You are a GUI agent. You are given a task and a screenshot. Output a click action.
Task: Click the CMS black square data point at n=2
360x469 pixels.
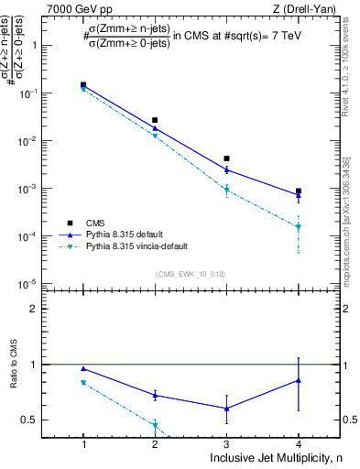click(x=155, y=120)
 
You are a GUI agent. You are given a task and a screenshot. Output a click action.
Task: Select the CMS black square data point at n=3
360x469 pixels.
click(x=226, y=158)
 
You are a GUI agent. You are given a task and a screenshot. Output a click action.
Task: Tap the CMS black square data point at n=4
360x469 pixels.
click(x=298, y=191)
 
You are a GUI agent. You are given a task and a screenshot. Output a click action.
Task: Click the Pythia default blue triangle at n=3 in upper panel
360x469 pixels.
click(x=226, y=169)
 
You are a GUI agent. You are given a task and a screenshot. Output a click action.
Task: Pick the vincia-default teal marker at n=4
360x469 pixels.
click(x=298, y=226)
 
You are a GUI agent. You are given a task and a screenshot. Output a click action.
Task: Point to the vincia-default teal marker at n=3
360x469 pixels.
click(x=226, y=190)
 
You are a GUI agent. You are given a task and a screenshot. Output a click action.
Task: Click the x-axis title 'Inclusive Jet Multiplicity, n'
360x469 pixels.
click(x=275, y=456)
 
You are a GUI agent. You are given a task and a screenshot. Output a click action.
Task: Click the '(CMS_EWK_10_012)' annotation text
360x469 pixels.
click(x=191, y=274)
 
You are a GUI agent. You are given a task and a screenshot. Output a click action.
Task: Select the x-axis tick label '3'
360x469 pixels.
click(x=226, y=442)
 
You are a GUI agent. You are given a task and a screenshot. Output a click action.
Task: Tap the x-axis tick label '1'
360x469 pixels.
click(x=83, y=442)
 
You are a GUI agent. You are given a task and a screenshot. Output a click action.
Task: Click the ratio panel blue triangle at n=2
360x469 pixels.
click(x=155, y=395)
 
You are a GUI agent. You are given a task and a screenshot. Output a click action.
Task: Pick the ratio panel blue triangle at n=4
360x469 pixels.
click(x=298, y=379)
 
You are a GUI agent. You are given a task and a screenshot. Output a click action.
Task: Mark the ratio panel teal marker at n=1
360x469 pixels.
click(x=83, y=383)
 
